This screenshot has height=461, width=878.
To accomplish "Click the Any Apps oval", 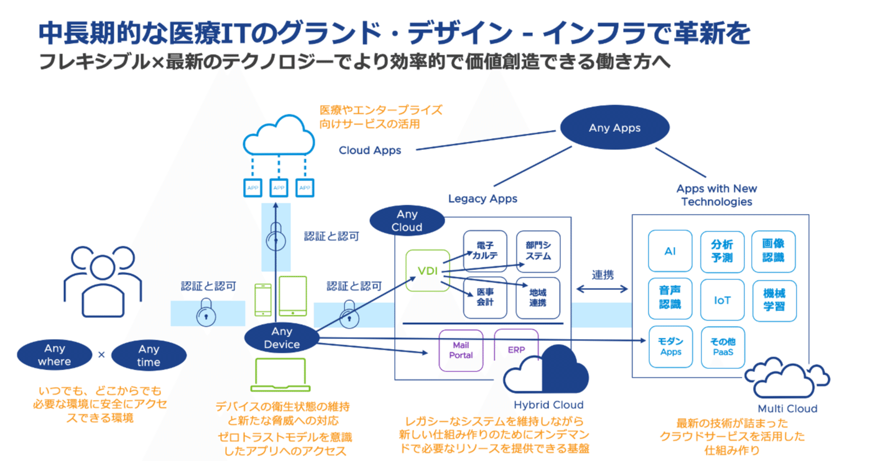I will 614,128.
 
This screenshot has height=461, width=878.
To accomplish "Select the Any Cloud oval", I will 407,220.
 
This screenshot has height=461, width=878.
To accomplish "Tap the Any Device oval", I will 282,338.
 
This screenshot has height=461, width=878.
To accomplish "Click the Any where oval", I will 54,355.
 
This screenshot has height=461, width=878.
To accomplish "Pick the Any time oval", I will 149,355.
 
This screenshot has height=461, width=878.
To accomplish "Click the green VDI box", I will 427,271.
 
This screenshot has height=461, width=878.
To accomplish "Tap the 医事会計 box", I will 484,297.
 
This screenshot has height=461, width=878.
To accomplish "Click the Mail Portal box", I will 461,350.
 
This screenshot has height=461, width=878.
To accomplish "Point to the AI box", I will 670,252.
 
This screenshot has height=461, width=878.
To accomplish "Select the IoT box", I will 722,300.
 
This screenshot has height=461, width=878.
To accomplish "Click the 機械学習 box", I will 774,299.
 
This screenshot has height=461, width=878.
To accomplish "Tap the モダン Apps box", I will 670,347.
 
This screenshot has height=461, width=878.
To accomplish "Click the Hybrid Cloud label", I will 548,405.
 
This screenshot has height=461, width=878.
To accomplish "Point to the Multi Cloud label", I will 787,409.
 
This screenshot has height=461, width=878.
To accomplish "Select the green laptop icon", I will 281,374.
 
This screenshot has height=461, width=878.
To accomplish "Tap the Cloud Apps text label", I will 370,151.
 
